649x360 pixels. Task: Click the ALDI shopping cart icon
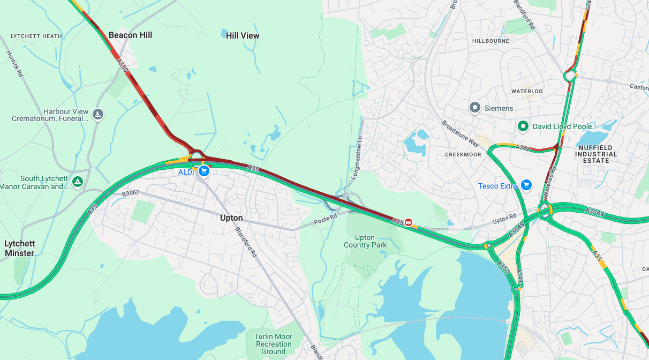[203, 171]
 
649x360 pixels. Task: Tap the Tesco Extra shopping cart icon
[526, 185]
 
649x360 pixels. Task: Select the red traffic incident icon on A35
[409, 222]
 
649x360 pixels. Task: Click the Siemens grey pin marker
[474, 108]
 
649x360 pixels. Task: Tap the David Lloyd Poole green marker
[523, 126]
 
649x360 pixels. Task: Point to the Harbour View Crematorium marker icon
[97, 114]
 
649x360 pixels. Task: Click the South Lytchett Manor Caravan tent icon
[78, 182]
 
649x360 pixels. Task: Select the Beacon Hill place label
[130, 35]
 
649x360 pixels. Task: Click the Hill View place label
[243, 35]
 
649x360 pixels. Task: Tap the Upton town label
[231, 218]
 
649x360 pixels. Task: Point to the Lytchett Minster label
[19, 248]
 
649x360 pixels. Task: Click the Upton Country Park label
[365, 241]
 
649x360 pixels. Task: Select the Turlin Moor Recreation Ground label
[273, 344]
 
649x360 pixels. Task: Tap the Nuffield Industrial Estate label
[597, 153]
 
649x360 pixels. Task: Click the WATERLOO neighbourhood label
[527, 92]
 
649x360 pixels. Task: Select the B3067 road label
[130, 193]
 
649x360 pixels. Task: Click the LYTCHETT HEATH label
[36, 36]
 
